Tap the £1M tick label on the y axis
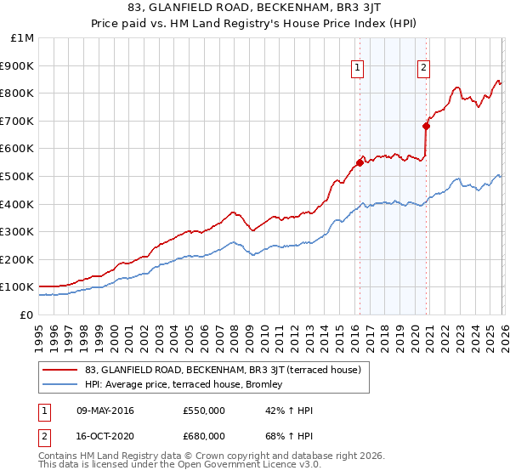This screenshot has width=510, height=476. [22, 38]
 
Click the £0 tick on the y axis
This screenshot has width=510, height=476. [26, 314]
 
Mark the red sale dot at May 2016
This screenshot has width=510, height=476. [360, 163]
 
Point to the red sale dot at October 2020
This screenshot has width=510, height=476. [426, 127]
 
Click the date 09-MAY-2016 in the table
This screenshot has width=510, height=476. [111, 411]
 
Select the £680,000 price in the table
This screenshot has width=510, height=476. [204, 436]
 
